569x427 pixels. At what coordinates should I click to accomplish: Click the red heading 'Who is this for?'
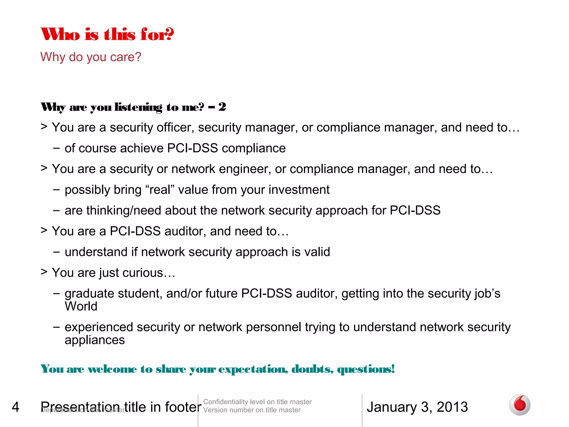[107, 34]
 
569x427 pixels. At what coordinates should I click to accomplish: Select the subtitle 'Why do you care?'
[91, 57]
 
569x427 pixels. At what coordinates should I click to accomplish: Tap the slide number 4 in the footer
[16, 407]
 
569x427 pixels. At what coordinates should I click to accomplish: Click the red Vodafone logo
[520, 405]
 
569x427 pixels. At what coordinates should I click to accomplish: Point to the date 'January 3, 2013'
[417, 407]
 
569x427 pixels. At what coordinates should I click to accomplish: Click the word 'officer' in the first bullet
[175, 128]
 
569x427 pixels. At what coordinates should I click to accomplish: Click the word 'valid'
[317, 252]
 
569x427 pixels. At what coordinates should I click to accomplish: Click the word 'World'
[81, 306]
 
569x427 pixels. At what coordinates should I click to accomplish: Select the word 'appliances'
[95, 340]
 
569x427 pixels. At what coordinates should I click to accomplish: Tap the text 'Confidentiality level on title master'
[257, 402]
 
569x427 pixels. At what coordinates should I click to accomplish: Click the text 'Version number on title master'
[252, 410]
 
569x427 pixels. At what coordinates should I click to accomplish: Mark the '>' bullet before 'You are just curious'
[44, 272]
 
